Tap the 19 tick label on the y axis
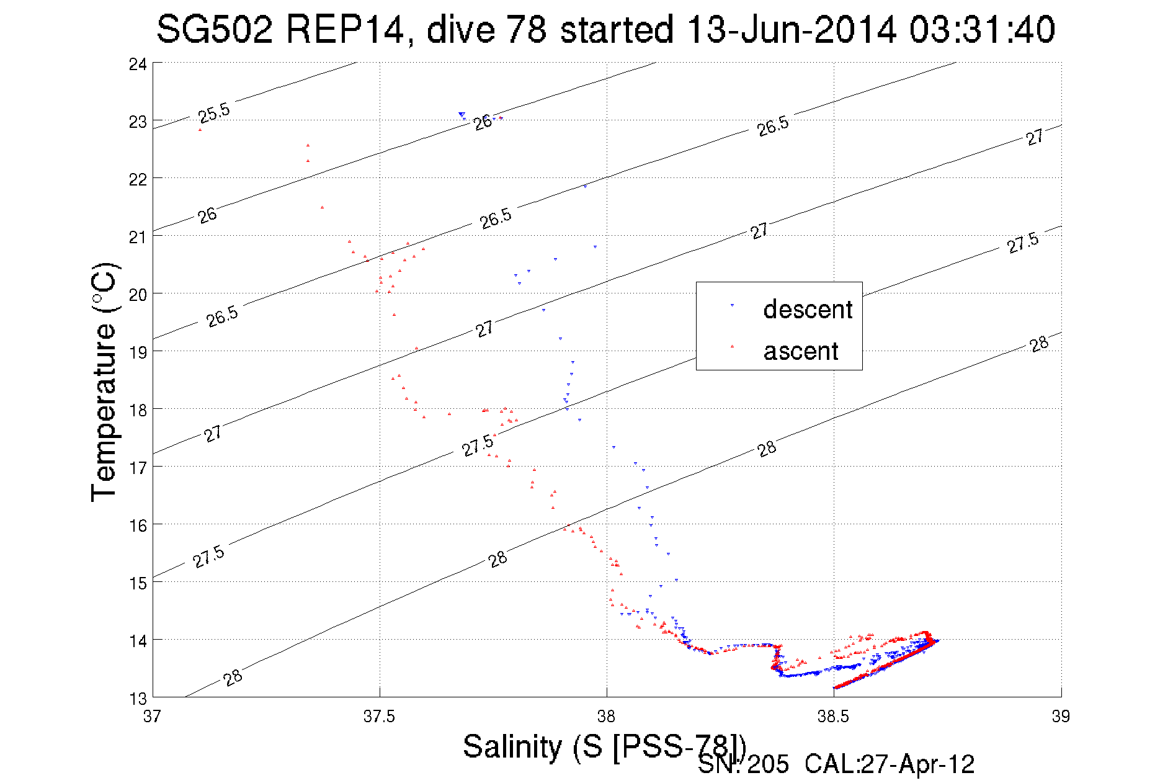(138, 352)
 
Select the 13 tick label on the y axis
(138, 699)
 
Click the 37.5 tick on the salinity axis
(380, 716)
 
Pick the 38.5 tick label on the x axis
(834, 716)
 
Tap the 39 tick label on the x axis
(1061, 716)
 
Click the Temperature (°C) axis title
(104, 382)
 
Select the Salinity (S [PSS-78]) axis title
(604, 746)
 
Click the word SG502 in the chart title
(215, 29)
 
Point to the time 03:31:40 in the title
(983, 29)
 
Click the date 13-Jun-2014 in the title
(792, 29)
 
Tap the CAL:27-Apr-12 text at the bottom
(890, 764)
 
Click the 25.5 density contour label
(214, 113)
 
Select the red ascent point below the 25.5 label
(200, 130)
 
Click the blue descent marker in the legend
(732, 305)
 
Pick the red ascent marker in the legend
(732, 346)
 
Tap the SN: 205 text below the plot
(743, 764)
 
